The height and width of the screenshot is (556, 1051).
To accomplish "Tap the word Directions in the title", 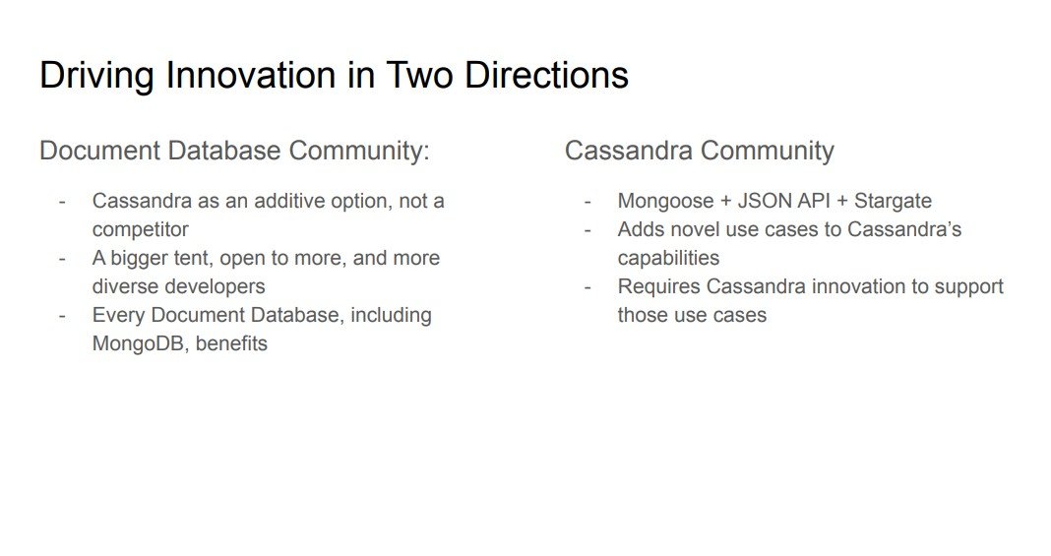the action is coord(546,74).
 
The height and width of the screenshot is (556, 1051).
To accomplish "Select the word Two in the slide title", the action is coord(420,74).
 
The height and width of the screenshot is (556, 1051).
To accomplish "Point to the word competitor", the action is coord(140,229).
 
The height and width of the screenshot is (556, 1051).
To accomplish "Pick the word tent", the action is coord(190,258).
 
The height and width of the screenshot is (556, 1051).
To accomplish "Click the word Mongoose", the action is coord(665,202).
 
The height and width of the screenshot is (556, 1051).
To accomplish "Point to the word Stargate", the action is coord(893,202).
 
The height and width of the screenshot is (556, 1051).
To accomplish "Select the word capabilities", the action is coord(668,259).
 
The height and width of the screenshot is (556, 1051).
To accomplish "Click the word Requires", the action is coord(659,286).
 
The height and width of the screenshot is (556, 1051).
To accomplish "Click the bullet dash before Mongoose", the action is coord(587,201).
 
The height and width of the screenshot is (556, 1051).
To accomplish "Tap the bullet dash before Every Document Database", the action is coord(62,315).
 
